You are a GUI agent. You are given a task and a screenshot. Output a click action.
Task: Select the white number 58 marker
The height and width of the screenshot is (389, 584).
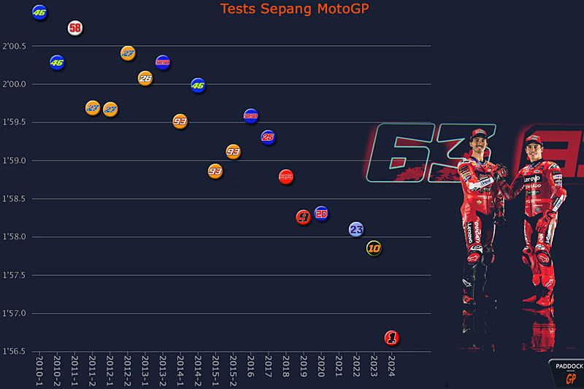[75, 28]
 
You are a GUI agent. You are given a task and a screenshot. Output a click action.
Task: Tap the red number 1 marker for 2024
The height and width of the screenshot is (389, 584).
[392, 338]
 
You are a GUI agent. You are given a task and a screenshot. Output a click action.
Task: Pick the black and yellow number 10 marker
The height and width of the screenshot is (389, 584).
[374, 248]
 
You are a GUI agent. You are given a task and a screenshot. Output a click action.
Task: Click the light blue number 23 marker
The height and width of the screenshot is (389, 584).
[356, 229]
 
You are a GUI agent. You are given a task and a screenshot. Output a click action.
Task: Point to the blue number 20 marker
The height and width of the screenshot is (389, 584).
[321, 213]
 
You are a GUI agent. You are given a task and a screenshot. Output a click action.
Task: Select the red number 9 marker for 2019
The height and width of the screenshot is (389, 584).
[304, 217]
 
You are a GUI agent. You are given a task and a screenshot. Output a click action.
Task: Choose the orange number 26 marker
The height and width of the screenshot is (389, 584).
[145, 78]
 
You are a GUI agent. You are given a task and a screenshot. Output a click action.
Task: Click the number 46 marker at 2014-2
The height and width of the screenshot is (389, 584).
[198, 85]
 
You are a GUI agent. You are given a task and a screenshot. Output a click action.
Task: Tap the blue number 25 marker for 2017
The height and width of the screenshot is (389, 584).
[268, 136]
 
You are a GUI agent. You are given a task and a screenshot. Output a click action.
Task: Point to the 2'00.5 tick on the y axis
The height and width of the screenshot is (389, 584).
[15, 47]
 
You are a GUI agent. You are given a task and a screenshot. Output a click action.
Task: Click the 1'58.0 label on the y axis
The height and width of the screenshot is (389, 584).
[15, 237]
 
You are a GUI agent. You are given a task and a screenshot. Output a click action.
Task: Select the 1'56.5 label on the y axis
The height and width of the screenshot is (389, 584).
[15, 352]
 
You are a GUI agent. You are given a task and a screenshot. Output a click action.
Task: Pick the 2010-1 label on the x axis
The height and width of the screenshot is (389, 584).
[39, 370]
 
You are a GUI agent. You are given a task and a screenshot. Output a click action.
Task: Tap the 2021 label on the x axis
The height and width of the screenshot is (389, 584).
[339, 364]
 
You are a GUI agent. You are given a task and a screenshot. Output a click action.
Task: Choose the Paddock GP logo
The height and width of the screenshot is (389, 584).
[566, 372]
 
